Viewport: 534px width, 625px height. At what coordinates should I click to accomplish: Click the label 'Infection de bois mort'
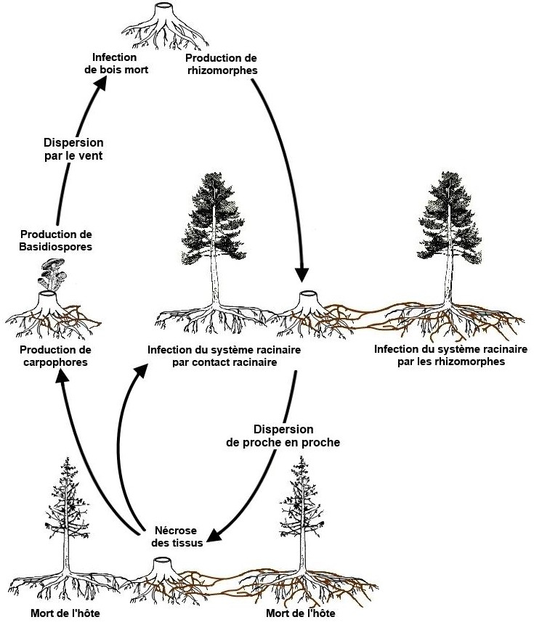tap(116, 64)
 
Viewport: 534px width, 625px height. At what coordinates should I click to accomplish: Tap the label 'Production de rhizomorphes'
tap(221, 64)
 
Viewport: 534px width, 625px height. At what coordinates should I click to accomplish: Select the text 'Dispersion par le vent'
tap(73, 149)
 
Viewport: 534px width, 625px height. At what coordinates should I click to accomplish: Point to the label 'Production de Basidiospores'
tap(56, 240)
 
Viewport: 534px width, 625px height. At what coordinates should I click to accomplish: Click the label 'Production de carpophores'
tap(55, 356)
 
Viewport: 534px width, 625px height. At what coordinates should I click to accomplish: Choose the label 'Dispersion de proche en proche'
tap(283, 436)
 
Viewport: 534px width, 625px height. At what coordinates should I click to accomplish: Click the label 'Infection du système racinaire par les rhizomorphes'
tap(450, 355)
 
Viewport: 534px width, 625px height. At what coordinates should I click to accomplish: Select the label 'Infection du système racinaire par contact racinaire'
tap(224, 356)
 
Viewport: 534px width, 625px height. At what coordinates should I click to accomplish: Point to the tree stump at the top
tap(164, 26)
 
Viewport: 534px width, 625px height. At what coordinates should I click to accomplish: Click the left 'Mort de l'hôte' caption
tap(65, 613)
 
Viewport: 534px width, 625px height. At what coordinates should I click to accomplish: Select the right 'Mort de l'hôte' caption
tap(301, 613)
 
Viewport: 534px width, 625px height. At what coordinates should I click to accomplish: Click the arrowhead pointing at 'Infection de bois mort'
tap(101, 83)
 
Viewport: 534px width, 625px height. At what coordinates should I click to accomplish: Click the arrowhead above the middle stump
tap(302, 275)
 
